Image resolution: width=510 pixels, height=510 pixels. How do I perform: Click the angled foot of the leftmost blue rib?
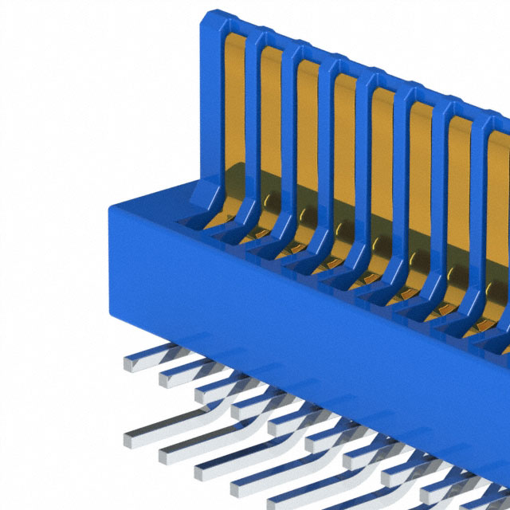coord(204,195)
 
